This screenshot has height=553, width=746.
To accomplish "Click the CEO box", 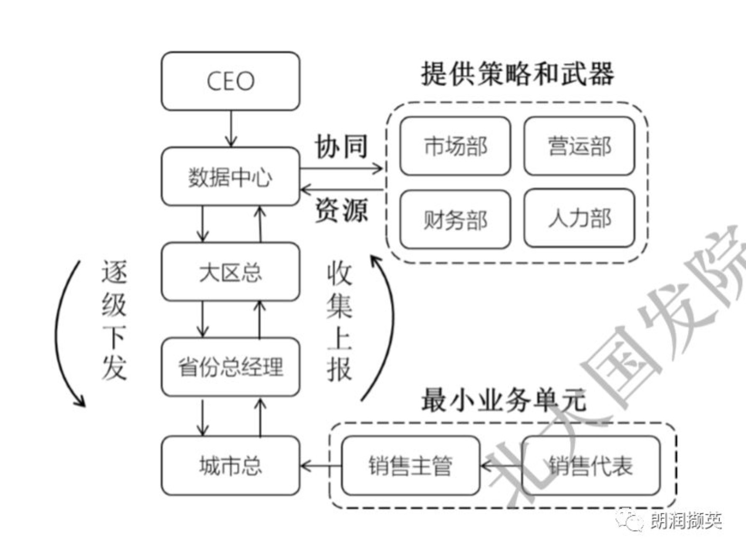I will [230, 81].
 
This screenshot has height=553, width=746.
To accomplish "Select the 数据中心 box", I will [230, 177].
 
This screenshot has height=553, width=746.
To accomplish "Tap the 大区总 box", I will [230, 272].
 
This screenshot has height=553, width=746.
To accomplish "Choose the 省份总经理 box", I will [230, 367].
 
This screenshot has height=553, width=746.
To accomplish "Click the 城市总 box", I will [230, 465].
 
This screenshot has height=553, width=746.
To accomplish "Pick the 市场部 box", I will [455, 146].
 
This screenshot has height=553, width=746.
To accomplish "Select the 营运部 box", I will [579, 146].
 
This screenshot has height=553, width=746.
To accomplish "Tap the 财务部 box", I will [455, 219].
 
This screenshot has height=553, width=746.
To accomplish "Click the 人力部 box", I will [579, 218].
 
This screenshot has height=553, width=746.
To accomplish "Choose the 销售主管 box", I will [410, 465].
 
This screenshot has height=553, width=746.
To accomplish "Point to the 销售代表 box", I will [590, 465].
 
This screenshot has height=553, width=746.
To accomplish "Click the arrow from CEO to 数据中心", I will [231, 129].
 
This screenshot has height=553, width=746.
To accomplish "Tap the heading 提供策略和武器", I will [517, 74].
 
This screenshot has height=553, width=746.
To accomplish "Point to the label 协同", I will [341, 147].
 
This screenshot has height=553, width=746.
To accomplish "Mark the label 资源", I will [341, 210].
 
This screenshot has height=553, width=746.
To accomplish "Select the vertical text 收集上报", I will [339, 322].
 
